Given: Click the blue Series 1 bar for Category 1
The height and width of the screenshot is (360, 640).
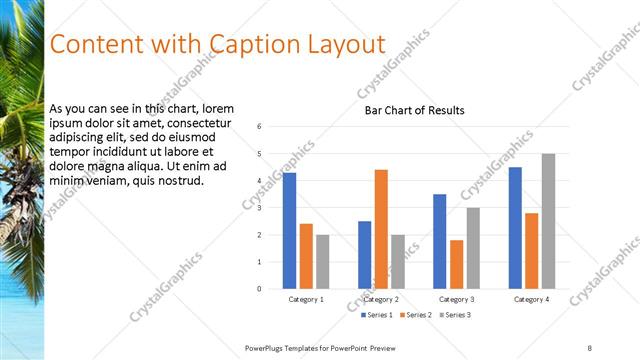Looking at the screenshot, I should (289, 231).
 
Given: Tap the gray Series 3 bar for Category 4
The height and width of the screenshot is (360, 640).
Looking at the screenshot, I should (548, 221).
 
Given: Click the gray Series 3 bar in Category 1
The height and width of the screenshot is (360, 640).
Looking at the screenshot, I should (322, 262).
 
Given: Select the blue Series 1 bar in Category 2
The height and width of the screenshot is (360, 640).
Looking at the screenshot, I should (364, 255).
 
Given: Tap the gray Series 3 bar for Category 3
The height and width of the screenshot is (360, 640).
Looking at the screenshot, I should (473, 248).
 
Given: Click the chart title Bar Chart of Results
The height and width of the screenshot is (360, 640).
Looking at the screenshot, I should (414, 110).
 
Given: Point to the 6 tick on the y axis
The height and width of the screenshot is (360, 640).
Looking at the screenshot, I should (260, 127).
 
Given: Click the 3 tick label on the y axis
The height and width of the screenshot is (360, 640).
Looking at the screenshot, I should (260, 208).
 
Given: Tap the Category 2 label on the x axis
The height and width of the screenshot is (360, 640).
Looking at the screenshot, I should (381, 299).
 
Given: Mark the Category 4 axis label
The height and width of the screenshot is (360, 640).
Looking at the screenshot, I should (531, 299).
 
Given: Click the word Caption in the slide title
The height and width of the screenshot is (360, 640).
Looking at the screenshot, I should (251, 45).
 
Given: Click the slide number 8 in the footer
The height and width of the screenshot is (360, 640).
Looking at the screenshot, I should (590, 346).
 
